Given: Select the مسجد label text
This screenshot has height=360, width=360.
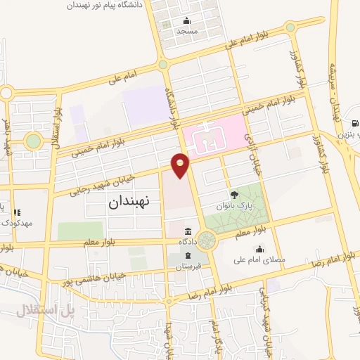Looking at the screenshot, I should point(187,31).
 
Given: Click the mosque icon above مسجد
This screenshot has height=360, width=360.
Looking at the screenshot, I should point(186,20).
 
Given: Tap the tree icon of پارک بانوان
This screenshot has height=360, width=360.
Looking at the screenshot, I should point(234,195).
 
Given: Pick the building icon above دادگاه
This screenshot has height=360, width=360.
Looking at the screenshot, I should point(188,231).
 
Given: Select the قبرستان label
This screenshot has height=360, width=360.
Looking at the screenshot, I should point(188,266).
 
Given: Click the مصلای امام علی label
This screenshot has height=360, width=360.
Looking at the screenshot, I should point(264,259).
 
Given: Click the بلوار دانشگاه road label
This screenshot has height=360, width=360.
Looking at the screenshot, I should point(172,109).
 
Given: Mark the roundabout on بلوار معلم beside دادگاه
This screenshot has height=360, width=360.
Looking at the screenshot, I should point(207,241).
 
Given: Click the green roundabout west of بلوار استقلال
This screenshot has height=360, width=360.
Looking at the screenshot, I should point(33,141).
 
